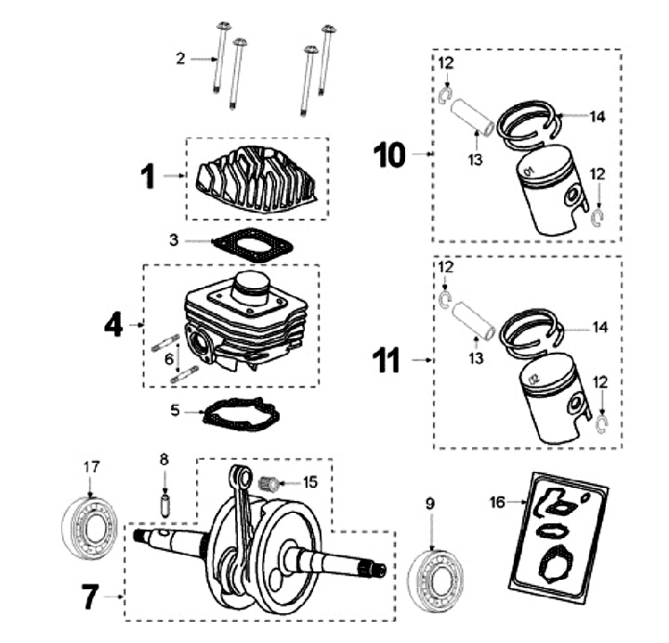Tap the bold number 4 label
113,325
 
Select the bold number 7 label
90,596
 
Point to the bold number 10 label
390,153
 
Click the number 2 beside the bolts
181,59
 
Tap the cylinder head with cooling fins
257,179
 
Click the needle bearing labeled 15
272,482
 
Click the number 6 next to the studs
167,359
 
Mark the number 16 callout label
497,503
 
